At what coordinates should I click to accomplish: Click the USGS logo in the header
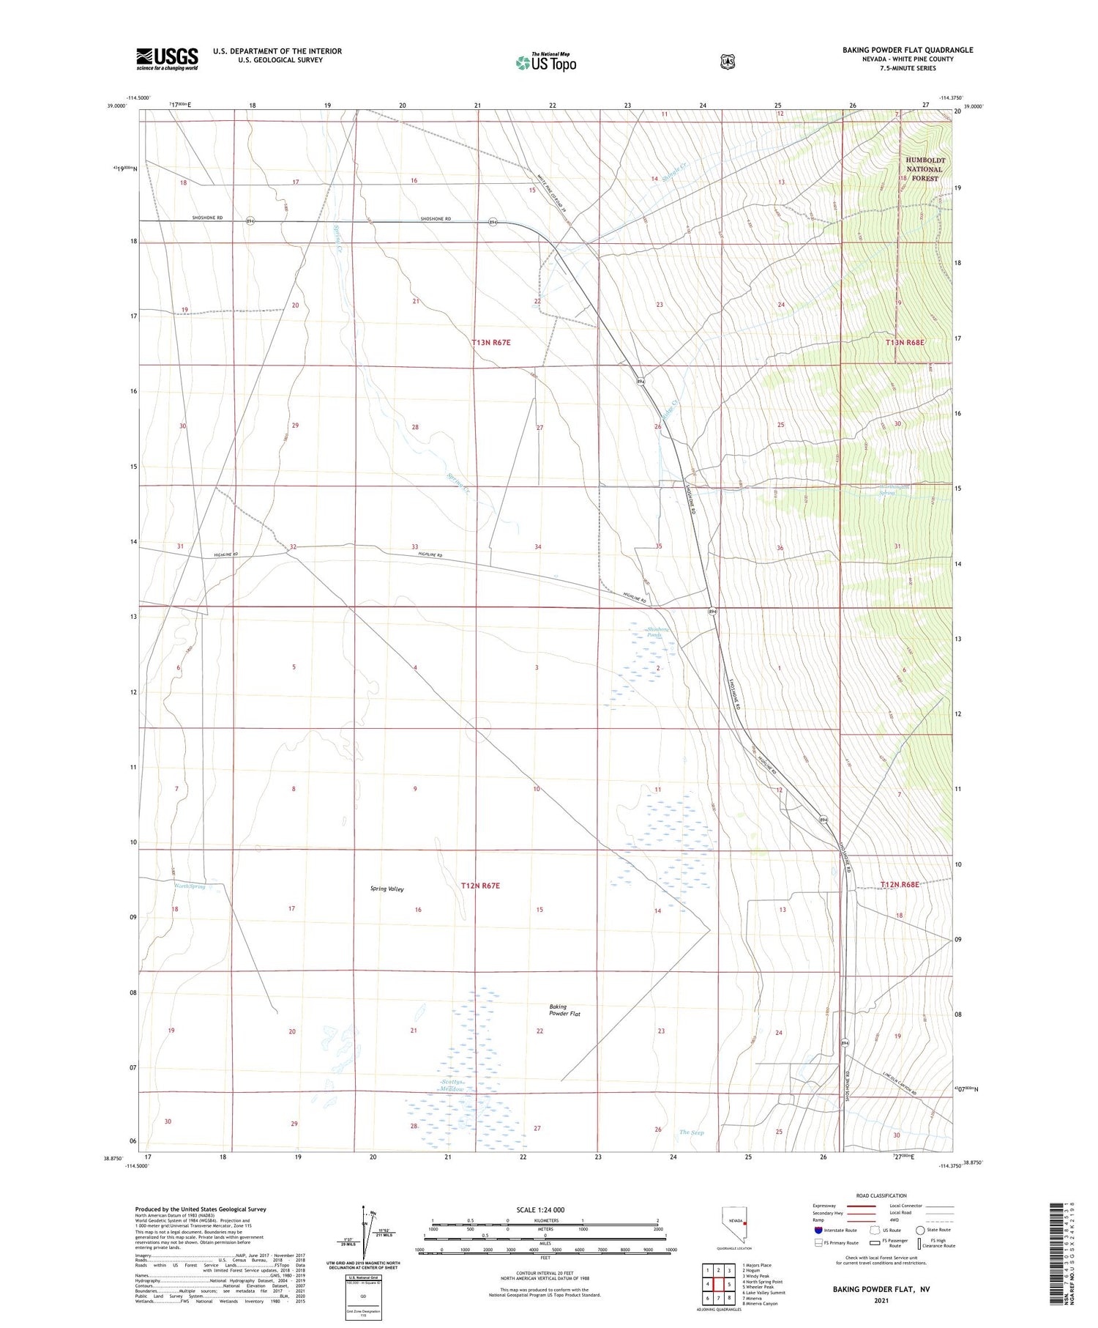tap(167, 59)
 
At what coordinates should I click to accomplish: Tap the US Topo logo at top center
tap(545, 62)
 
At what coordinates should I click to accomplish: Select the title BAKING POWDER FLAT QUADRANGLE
tap(908, 50)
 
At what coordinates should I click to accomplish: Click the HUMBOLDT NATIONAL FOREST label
tap(925, 169)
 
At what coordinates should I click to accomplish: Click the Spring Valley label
tap(387, 889)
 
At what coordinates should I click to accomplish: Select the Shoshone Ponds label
tap(657, 632)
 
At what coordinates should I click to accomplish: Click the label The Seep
tap(691, 1132)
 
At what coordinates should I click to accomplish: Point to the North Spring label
tap(190, 886)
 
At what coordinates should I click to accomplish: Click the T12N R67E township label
tap(480, 886)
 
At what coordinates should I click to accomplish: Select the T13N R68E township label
tap(905, 342)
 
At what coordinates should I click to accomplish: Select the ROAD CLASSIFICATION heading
tap(881, 1195)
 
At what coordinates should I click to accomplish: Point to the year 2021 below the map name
tap(881, 1300)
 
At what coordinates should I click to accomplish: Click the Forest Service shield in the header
tap(726, 62)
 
